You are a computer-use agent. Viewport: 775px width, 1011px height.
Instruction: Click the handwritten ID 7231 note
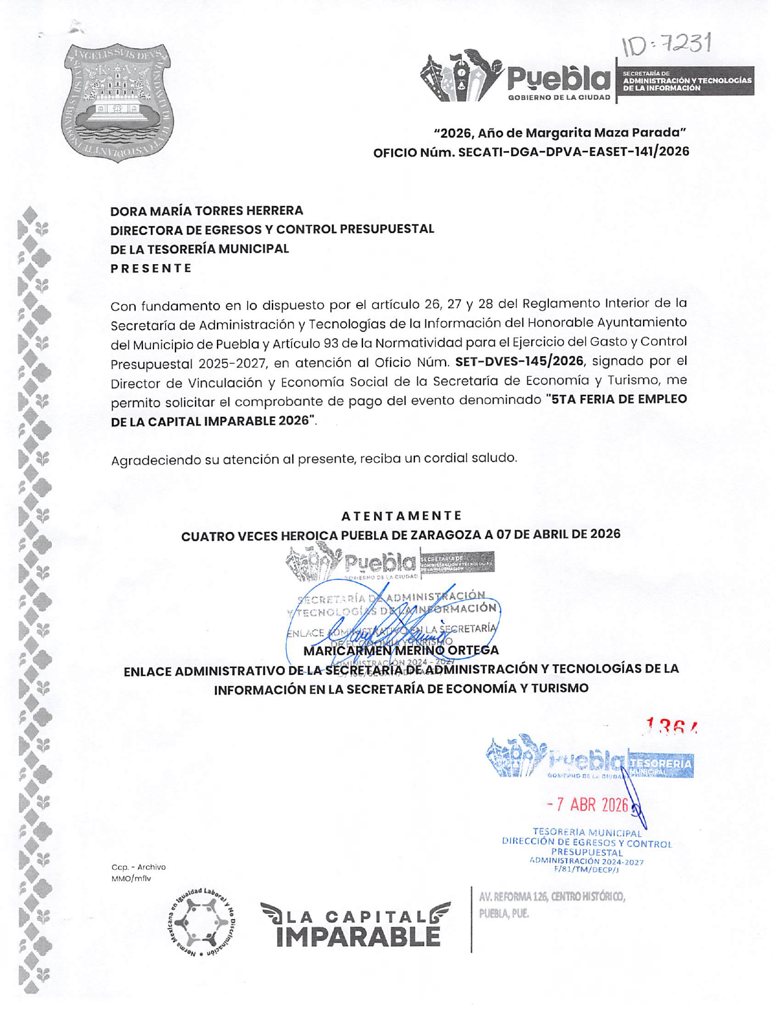667,44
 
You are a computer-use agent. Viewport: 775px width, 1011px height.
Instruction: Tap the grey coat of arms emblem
117,102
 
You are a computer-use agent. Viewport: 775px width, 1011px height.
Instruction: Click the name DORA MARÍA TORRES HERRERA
207,211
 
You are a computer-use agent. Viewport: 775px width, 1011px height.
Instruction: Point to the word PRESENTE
151,268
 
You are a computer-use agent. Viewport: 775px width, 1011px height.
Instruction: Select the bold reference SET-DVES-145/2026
519,361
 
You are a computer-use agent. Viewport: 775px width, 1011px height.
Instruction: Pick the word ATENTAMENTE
401,516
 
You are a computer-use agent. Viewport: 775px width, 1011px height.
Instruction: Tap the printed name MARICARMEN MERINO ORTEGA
401,650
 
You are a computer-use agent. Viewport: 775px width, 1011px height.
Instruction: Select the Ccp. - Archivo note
138,867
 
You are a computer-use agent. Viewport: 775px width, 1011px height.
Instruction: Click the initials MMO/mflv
131,878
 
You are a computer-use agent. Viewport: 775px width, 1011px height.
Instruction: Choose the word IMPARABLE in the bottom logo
358,936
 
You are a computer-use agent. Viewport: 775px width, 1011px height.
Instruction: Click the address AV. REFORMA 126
552,897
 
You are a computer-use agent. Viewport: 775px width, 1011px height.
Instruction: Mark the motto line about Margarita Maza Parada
559,133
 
